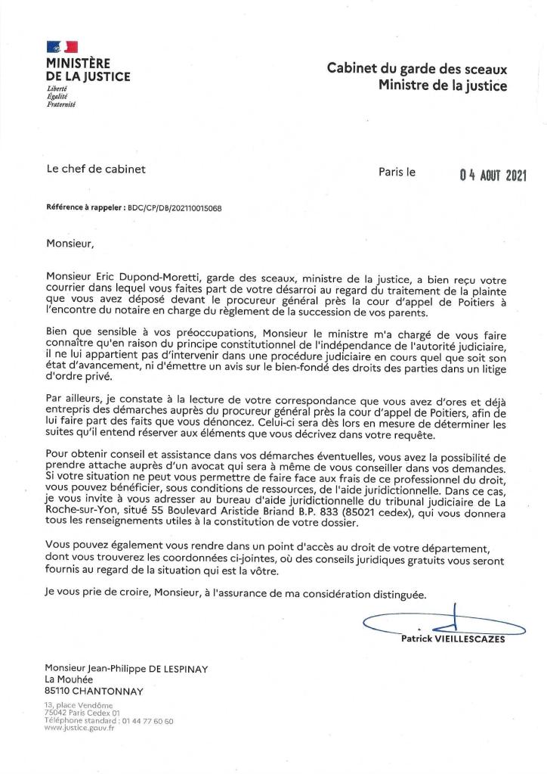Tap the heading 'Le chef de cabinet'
tap(95, 169)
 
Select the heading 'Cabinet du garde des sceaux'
tap(416, 69)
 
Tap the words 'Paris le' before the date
tap(397, 171)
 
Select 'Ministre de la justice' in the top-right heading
tap(443, 85)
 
